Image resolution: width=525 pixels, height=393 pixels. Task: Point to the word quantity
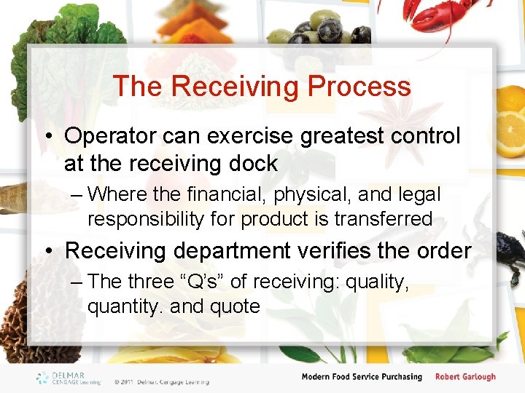(x=125, y=306)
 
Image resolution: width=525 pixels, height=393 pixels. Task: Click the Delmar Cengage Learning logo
(x=70, y=378)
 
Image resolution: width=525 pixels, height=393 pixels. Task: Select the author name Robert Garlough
(x=465, y=377)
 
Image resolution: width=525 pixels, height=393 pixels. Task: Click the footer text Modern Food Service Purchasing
(x=362, y=377)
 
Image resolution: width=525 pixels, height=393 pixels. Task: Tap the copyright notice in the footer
(x=161, y=381)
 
